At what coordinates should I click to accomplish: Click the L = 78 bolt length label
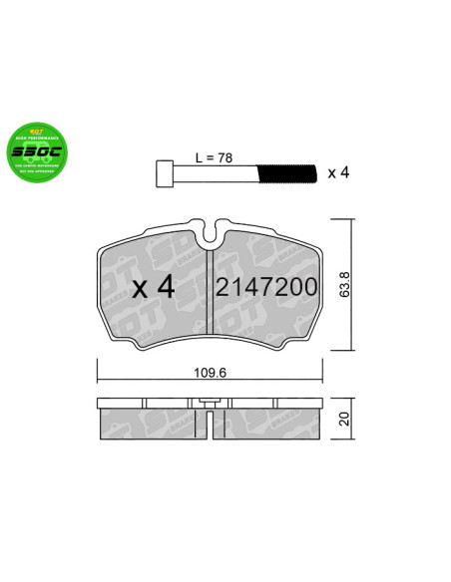pos(215,156)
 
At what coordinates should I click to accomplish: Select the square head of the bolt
pos(167,175)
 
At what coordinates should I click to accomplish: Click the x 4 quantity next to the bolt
pos(337,174)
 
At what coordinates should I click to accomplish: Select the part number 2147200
pos(266,288)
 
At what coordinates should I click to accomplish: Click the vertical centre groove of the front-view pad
pos(209,294)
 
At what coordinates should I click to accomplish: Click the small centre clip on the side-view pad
pos(209,403)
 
